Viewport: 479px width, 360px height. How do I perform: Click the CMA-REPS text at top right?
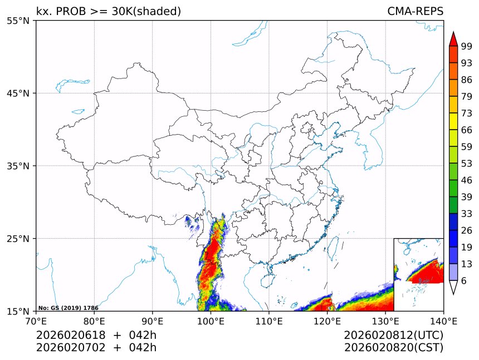tap(415, 12)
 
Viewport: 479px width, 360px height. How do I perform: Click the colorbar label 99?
tap(467, 46)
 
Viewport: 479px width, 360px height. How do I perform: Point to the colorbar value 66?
tap(467, 130)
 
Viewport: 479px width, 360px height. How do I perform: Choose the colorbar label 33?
tap(467, 214)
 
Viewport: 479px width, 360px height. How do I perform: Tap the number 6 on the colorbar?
tap(464, 280)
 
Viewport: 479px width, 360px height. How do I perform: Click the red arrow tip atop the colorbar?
tap(453, 38)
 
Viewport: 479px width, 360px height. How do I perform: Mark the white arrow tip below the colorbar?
tap(453, 288)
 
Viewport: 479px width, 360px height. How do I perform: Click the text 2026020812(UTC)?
tap(393, 335)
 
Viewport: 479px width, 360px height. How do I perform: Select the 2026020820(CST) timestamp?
tap(393, 348)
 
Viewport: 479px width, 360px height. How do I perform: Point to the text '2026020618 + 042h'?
tap(96, 335)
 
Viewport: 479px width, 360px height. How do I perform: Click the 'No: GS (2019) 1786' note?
tap(68, 308)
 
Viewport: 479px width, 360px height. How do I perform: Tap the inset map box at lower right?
tap(418, 274)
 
